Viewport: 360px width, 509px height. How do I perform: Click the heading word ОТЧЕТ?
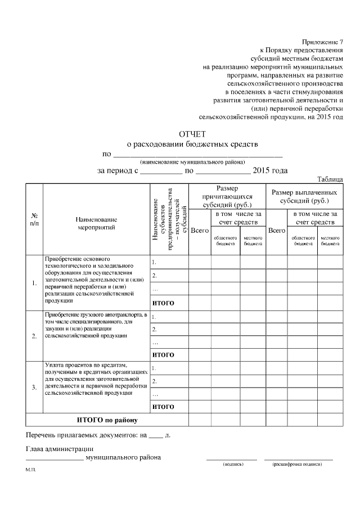tap(192, 134)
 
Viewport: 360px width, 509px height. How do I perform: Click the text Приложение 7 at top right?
tap(322, 42)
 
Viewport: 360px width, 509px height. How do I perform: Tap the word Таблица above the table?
tap(330, 179)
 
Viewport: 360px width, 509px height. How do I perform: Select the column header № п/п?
tap(34, 219)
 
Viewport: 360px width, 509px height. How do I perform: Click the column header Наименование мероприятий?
tap(96, 223)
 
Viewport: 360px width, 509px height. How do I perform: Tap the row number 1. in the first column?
tap(34, 282)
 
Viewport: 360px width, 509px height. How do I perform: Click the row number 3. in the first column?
tap(34, 388)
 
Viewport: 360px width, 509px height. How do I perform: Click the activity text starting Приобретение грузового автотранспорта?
tap(96, 325)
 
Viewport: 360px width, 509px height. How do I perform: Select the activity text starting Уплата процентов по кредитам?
tap(96, 379)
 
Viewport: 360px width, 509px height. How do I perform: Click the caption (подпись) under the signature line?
tap(232, 465)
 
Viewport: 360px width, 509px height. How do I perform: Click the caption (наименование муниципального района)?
tap(192, 161)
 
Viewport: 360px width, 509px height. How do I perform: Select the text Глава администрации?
tap(60, 448)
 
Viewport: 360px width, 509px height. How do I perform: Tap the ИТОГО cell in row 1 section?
tap(164, 303)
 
